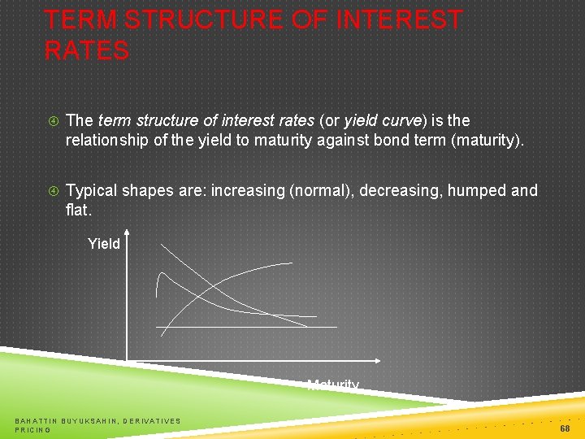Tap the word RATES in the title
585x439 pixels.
click(87, 50)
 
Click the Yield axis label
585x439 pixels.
click(104, 243)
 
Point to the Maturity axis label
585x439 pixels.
click(333, 385)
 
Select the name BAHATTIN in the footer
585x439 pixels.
click(36, 420)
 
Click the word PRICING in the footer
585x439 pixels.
click(32, 429)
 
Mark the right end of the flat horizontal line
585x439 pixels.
click(336, 327)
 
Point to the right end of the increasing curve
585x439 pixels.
click(292, 263)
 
